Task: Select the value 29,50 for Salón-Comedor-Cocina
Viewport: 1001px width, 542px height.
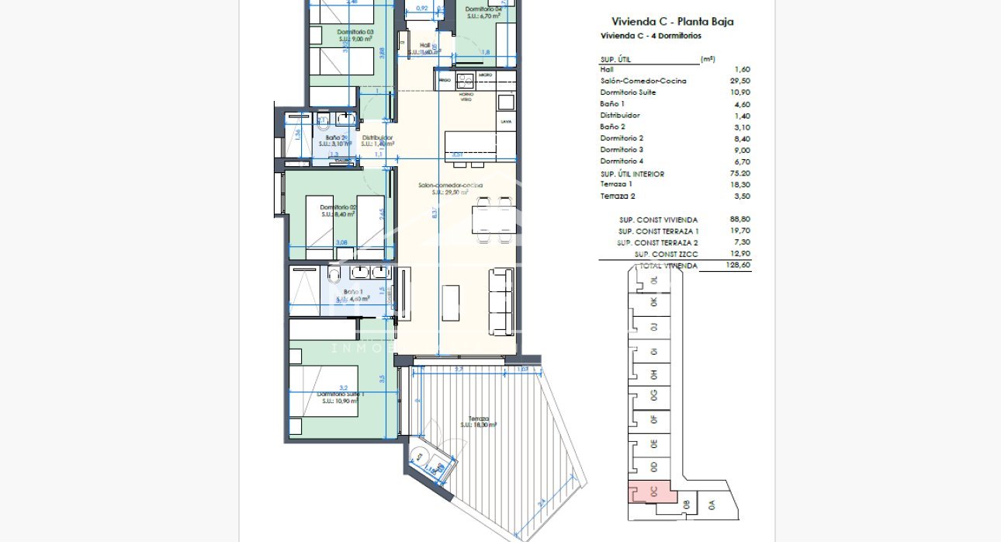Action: coord(739,81)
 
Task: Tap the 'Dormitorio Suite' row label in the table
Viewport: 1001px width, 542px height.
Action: coord(628,92)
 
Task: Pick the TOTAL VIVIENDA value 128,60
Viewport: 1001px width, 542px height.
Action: coord(739,266)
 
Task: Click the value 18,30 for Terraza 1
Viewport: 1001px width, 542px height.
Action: coord(739,185)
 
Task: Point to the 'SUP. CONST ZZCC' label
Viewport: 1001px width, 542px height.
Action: coord(665,254)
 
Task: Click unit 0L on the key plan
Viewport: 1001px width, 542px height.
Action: coord(653,280)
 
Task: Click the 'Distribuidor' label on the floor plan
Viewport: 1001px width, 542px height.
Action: coord(378,138)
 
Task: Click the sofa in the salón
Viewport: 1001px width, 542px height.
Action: coord(500,301)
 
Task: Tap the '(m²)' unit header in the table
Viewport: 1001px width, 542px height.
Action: coord(707,59)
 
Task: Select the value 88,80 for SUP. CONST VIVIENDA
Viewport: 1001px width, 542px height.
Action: coord(739,220)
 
